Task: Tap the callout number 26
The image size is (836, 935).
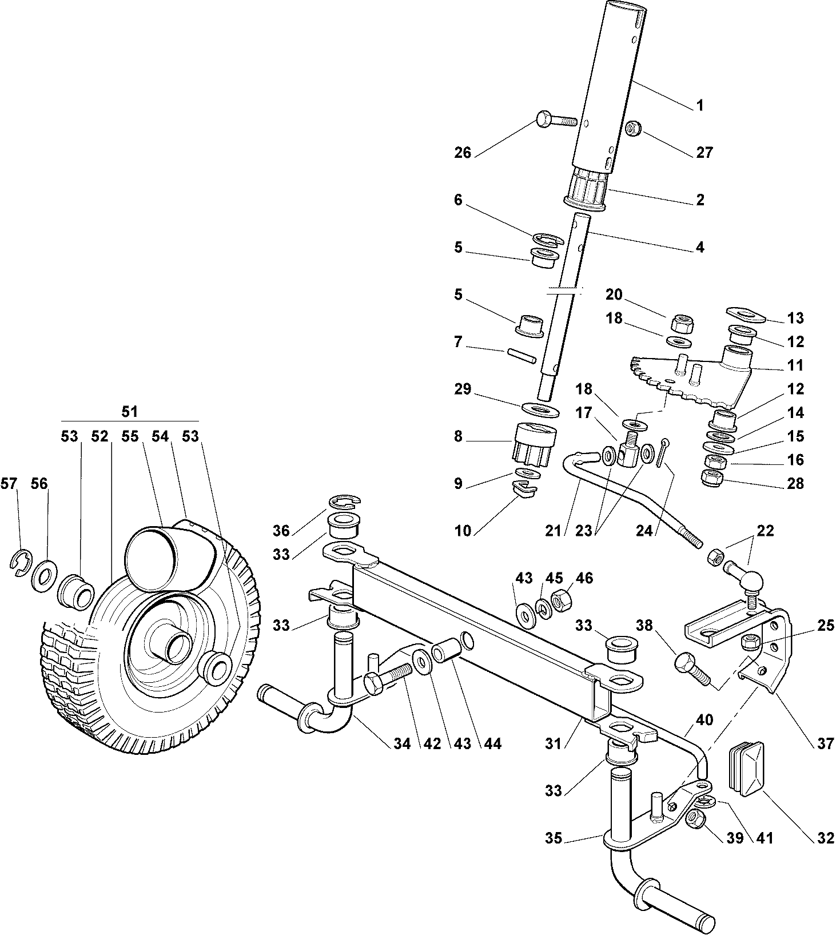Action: [463, 153]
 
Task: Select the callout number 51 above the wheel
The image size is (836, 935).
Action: [130, 412]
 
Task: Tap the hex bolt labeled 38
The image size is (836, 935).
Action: [692, 670]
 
